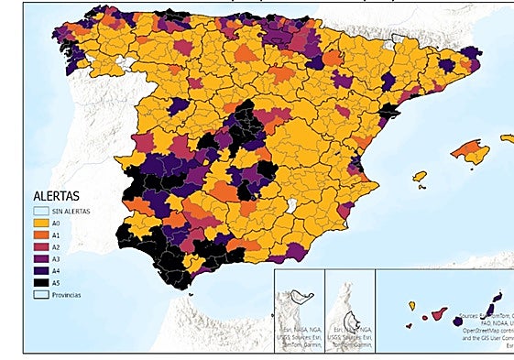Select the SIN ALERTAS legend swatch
(x=40, y=211)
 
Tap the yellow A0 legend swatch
(x=40, y=222)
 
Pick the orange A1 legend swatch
(x=40, y=234)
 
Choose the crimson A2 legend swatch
(x=40, y=245)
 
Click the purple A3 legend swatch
(x=40, y=257)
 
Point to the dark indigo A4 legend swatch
(x=40, y=269)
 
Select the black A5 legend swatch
(x=40, y=281)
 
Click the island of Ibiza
(x=420, y=176)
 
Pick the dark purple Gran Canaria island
(x=457, y=322)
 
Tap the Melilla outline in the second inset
(x=351, y=296)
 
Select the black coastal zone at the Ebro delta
(x=389, y=111)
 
